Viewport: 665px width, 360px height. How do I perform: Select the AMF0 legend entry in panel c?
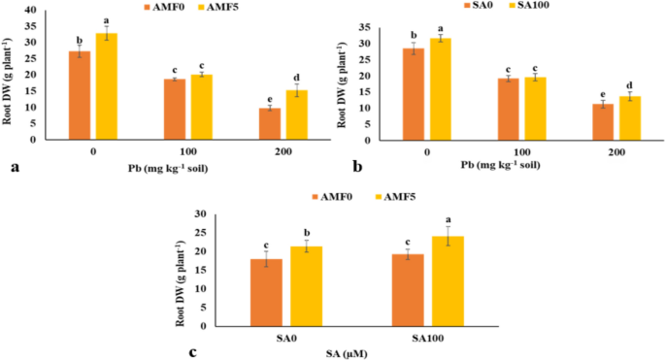point(336,197)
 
